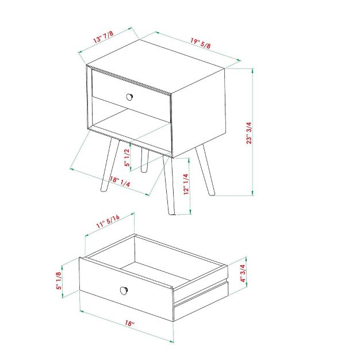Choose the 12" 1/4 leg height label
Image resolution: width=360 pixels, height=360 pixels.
click(x=185, y=185)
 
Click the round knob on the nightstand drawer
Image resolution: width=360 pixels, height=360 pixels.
click(x=131, y=96)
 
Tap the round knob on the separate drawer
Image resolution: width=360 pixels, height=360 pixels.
click(x=124, y=289)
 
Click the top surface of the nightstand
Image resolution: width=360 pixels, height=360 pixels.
click(x=155, y=63)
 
